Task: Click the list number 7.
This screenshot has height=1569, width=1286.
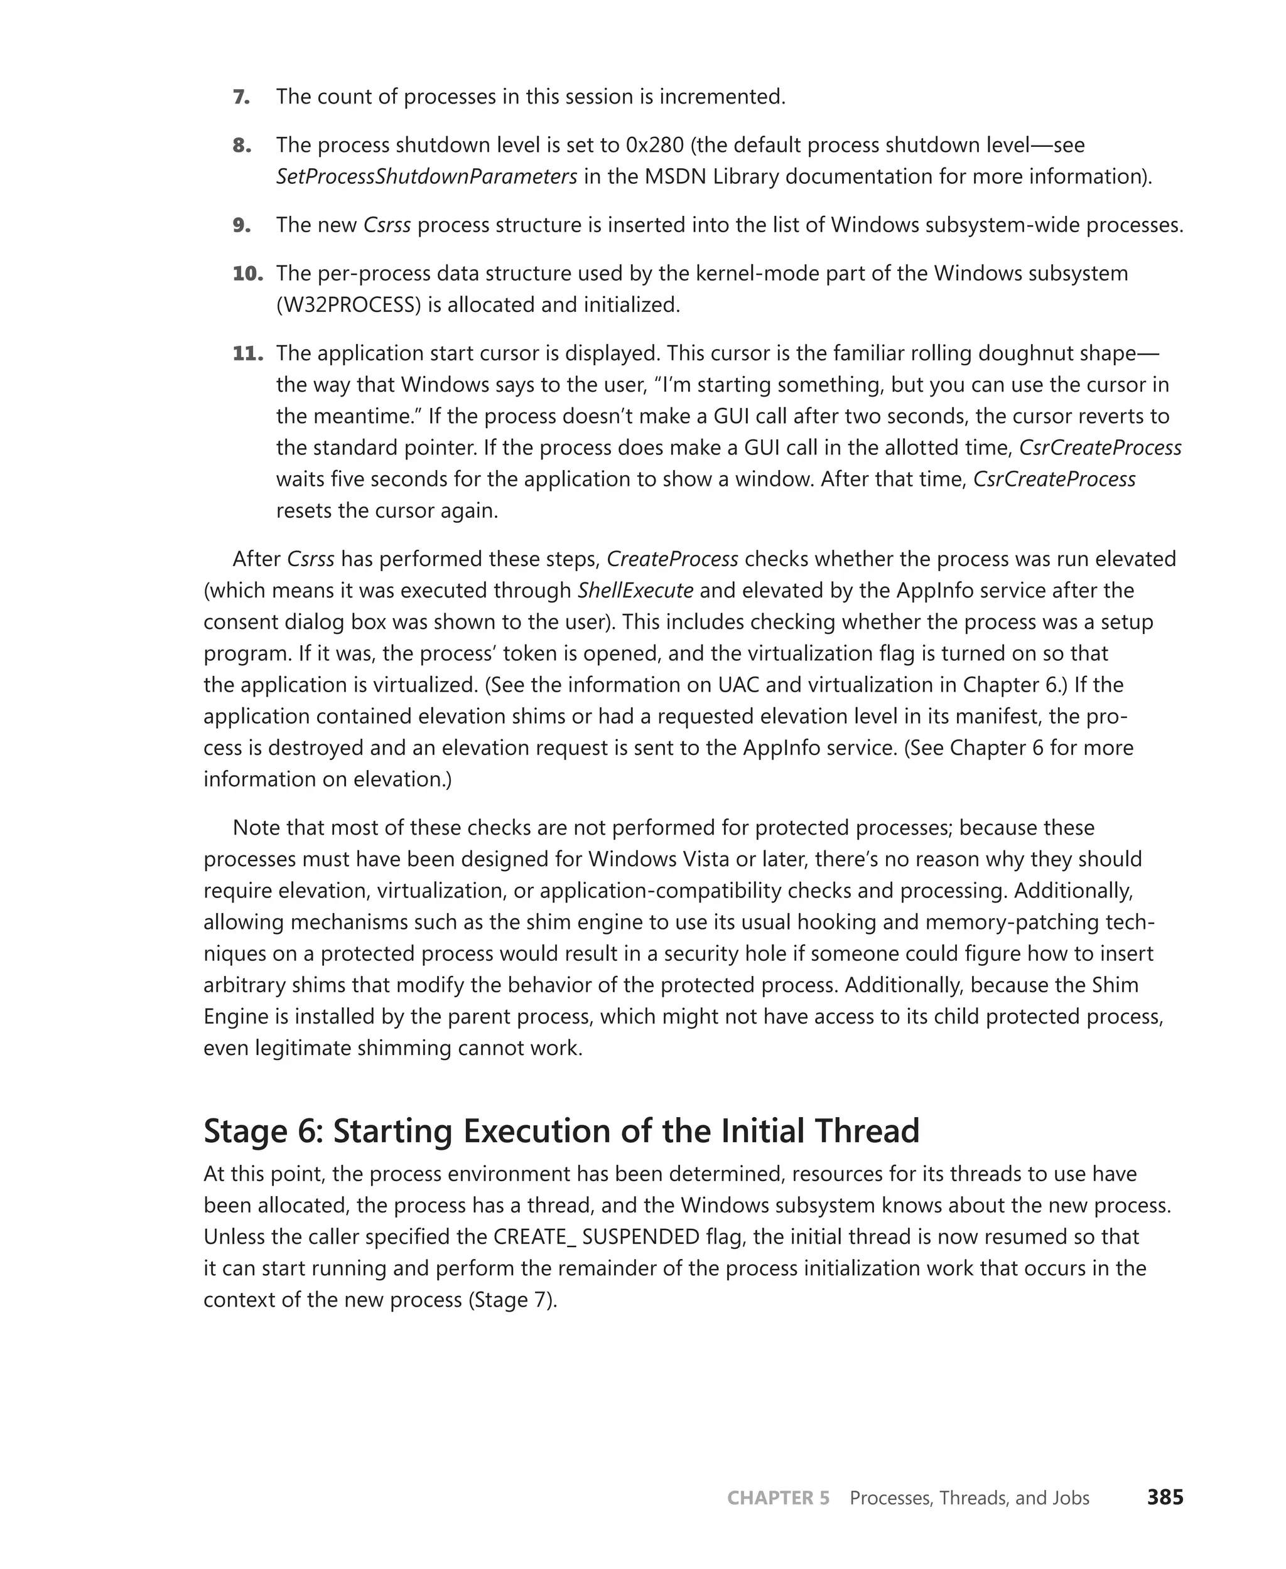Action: coord(242,97)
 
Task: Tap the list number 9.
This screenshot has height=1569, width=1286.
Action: coord(242,225)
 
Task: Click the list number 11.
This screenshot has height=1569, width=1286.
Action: coord(247,353)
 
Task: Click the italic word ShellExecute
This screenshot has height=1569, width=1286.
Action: coord(635,591)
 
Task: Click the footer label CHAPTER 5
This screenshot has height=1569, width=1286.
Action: coord(778,1498)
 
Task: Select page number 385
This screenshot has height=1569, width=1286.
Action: coord(1165,1497)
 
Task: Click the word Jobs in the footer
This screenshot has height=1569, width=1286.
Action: coord(1070,1498)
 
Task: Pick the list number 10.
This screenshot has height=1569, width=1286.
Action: coord(247,274)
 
